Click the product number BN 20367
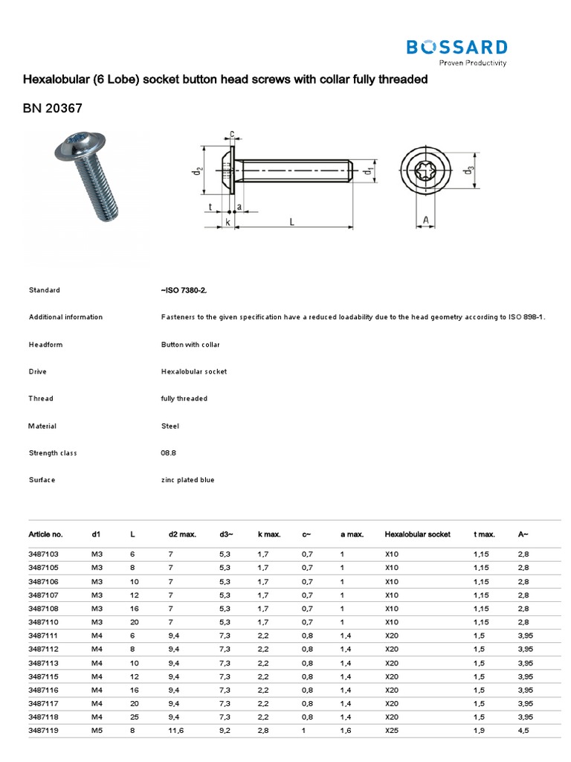[x=52, y=109]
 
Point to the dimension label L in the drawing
[x=292, y=222]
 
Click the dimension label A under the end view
[x=425, y=220]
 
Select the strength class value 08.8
[x=169, y=452]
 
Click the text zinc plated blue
[x=187, y=480]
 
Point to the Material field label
[x=42, y=426]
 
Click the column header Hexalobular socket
[x=417, y=534]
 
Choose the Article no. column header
[x=45, y=534]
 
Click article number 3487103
[x=44, y=554]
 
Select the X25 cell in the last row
[x=392, y=730]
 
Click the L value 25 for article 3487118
[x=135, y=717]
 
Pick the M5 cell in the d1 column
[x=97, y=730]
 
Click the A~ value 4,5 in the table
[x=523, y=730]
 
